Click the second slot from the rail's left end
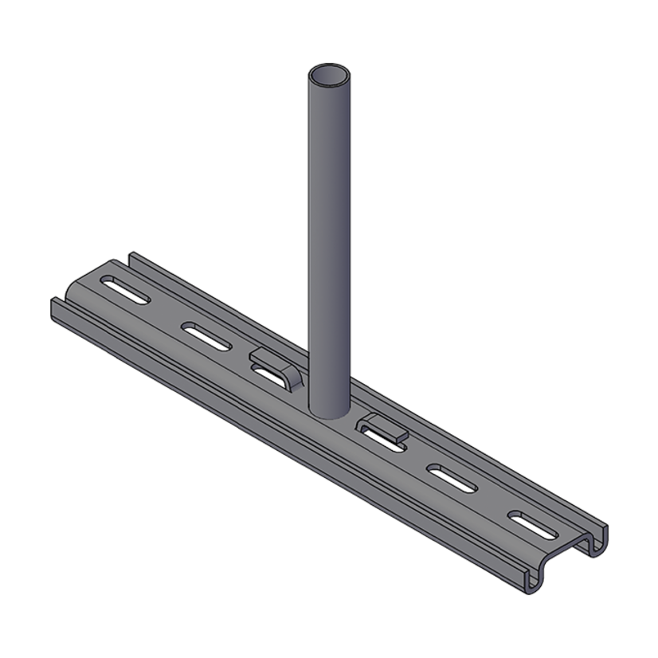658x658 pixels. [x=207, y=335]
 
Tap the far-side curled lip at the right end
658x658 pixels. [x=596, y=542]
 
